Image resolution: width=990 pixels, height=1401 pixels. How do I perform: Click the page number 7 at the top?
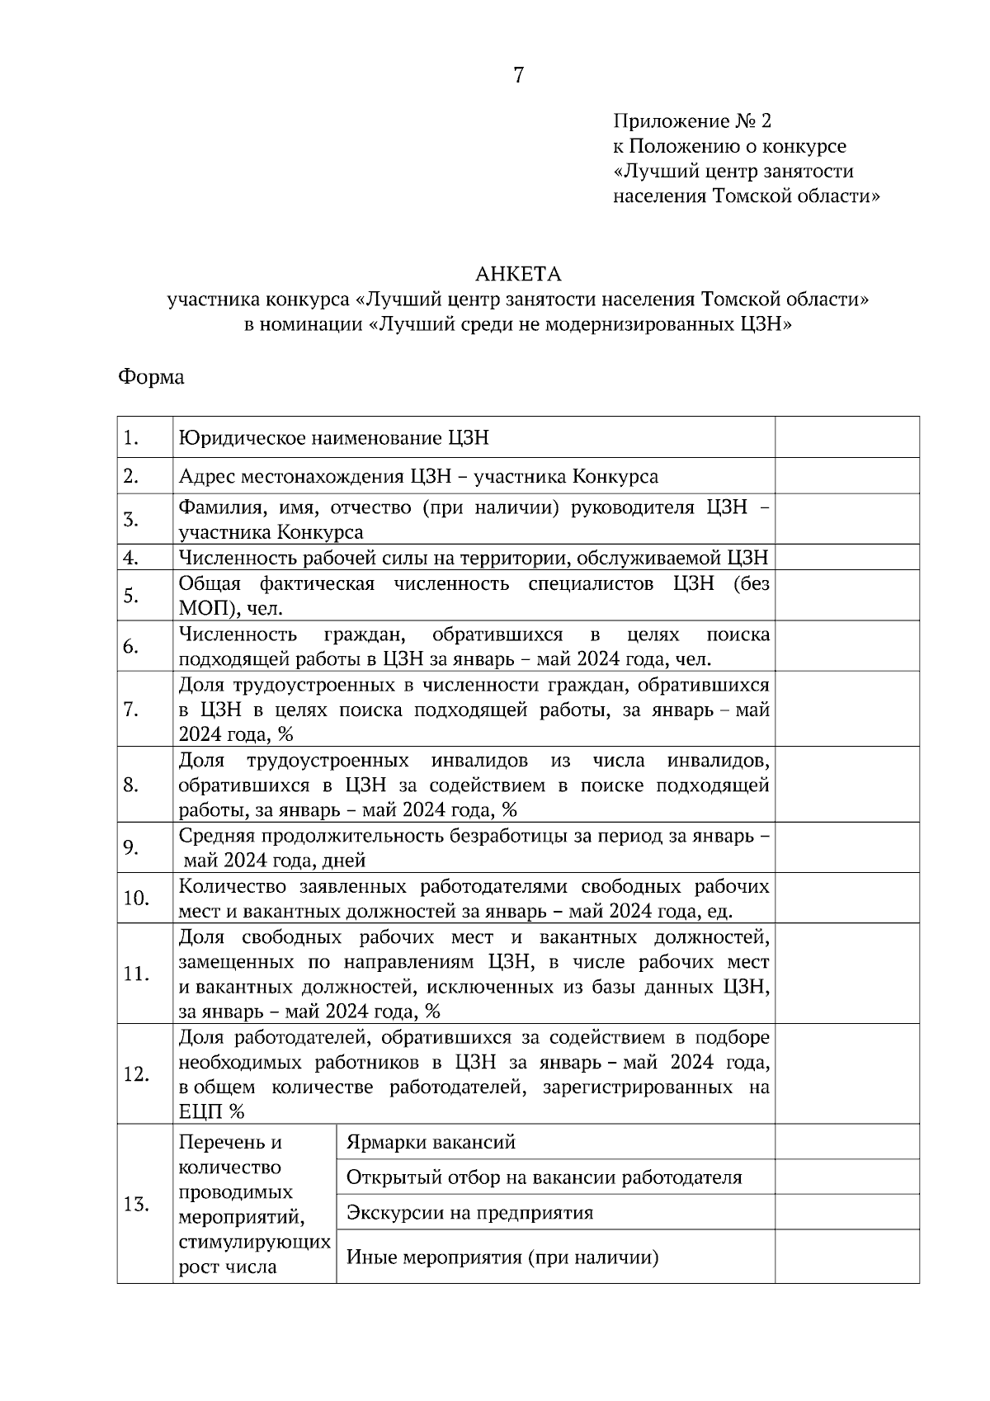pyautogui.click(x=518, y=76)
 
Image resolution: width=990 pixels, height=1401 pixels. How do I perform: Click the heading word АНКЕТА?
pyautogui.click(x=517, y=274)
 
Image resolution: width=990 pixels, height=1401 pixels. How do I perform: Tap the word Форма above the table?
pyautogui.click(x=151, y=378)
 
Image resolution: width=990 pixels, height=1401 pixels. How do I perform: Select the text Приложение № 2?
pyautogui.click(x=691, y=122)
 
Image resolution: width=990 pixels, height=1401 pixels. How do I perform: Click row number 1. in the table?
pyautogui.click(x=130, y=437)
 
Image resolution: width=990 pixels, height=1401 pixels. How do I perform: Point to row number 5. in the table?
pyautogui.click(x=131, y=595)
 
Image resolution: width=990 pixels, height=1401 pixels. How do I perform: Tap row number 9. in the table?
pyautogui.click(x=131, y=847)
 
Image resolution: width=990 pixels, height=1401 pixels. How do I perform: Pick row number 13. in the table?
pyautogui.click(x=136, y=1204)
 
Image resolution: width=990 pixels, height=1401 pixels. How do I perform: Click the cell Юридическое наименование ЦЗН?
pyautogui.click(x=334, y=437)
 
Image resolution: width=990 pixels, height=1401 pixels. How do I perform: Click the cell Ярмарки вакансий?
pyautogui.click(x=431, y=1142)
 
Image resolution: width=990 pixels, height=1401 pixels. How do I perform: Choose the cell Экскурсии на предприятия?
pyautogui.click(x=469, y=1212)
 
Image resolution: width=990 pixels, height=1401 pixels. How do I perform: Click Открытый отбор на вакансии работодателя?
pyautogui.click(x=544, y=1177)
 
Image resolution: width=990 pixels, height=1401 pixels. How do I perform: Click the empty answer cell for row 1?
pyautogui.click(x=846, y=437)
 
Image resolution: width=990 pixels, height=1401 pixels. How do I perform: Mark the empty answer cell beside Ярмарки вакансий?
pyautogui.click(x=846, y=1142)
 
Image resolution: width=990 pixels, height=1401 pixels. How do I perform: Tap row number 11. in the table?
pyautogui.click(x=136, y=974)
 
